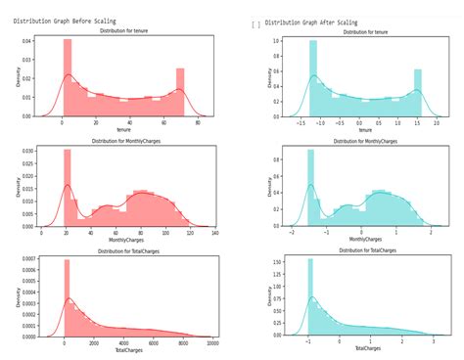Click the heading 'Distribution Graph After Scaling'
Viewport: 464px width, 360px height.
pyautogui.click(x=311, y=22)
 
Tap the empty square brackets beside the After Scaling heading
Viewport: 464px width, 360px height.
pyautogui.click(x=255, y=23)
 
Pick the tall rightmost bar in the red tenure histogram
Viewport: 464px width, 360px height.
pyautogui.click(x=180, y=93)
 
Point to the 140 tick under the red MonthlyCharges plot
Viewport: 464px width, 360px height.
pyautogui.click(x=213, y=233)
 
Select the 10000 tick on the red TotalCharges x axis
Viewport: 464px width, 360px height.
pyautogui.click(x=212, y=343)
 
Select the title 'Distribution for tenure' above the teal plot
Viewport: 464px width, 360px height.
pyautogui.click(x=365, y=32)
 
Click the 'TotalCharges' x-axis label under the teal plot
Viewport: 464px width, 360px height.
pyautogui.click(x=367, y=349)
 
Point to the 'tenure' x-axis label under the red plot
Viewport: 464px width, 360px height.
pyautogui.click(x=123, y=129)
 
